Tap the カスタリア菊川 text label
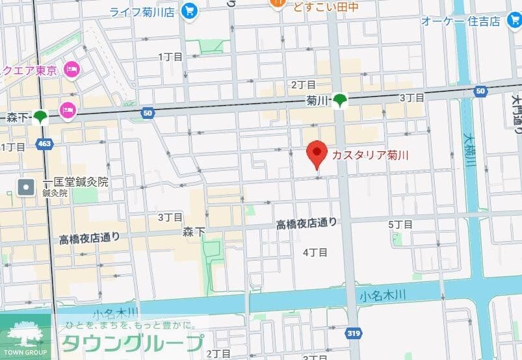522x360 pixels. click(x=371, y=155)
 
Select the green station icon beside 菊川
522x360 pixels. click(x=341, y=100)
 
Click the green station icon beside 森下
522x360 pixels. click(x=41, y=118)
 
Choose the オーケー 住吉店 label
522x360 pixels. click(x=461, y=21)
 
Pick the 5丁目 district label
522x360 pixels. click(x=400, y=224)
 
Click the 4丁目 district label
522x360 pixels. click(x=315, y=251)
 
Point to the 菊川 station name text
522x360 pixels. click(x=316, y=101)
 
